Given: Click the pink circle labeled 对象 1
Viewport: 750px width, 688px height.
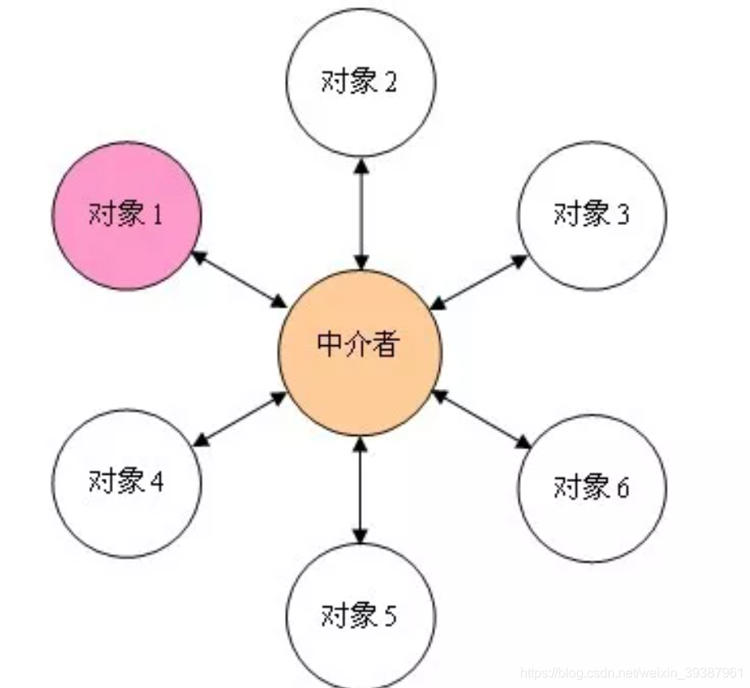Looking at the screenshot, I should [x=127, y=216].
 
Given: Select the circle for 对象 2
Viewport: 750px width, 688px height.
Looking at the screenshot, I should [x=361, y=82].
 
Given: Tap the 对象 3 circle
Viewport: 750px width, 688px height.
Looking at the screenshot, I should [x=592, y=215].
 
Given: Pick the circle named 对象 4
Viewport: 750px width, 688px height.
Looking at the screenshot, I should [x=127, y=482].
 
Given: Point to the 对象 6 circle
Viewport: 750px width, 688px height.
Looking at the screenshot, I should [x=592, y=488].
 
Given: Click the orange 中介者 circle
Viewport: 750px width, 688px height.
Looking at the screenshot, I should [x=360, y=351].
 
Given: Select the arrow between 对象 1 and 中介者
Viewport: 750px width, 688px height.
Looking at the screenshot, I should [x=239, y=278].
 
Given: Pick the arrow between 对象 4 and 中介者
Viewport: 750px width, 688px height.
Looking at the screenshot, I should [x=239, y=420].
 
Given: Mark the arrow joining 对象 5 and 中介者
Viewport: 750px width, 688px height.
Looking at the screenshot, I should [x=360, y=489].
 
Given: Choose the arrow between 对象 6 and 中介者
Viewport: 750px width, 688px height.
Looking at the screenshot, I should [x=481, y=420].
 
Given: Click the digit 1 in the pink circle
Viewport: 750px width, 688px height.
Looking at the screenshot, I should [x=157, y=216].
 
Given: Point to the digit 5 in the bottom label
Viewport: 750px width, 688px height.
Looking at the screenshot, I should [x=391, y=615].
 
